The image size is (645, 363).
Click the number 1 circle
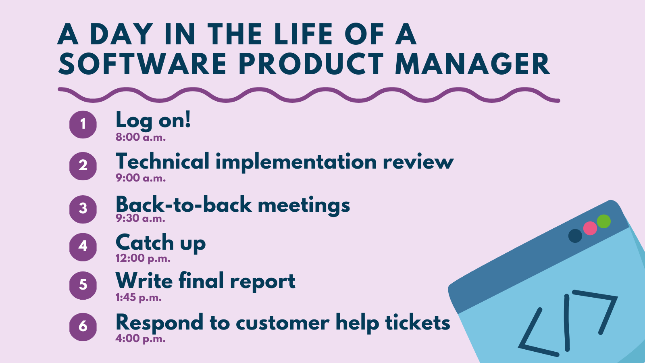pos(83,124)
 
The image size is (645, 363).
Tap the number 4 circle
pos(83,246)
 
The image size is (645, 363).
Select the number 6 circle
pos(83,326)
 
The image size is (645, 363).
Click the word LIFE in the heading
pos(304,34)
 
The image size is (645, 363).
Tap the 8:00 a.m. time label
pos(141,138)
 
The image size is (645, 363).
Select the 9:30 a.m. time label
pos(140,219)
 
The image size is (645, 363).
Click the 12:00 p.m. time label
pos(143,259)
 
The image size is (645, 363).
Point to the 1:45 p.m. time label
pos(138,298)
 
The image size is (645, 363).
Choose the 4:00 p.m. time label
pos(140,338)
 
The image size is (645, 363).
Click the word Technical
pos(162,162)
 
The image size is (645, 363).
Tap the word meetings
pos(304,205)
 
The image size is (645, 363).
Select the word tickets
pos(417,323)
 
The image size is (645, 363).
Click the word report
pos(262,282)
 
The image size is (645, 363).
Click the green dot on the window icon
pos(603,221)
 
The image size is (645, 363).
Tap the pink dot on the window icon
pos(590,228)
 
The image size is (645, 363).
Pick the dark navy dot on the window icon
pos(575,236)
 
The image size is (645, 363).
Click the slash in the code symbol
pos(567,323)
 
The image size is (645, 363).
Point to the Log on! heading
pos(153,120)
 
